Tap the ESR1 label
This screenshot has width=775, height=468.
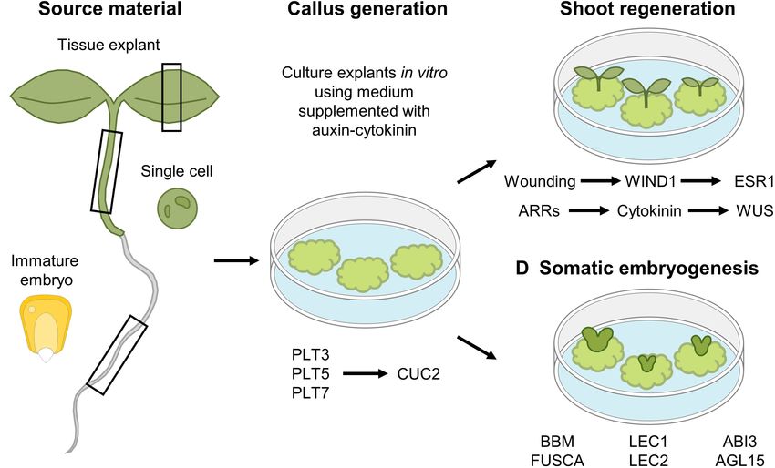click(x=754, y=181)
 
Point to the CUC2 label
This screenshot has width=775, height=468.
click(x=418, y=373)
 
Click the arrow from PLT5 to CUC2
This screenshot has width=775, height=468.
click(x=366, y=373)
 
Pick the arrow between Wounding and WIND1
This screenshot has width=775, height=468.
click(x=600, y=181)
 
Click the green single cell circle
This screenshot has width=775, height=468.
click(x=178, y=209)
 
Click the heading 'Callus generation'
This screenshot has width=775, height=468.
click(x=367, y=8)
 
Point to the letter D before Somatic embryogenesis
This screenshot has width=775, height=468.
click(x=522, y=268)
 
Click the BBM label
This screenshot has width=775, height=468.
click(x=557, y=442)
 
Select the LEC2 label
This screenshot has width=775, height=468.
click(x=648, y=460)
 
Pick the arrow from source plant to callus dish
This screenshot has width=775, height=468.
click(x=236, y=260)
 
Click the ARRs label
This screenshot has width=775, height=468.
click(x=539, y=211)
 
